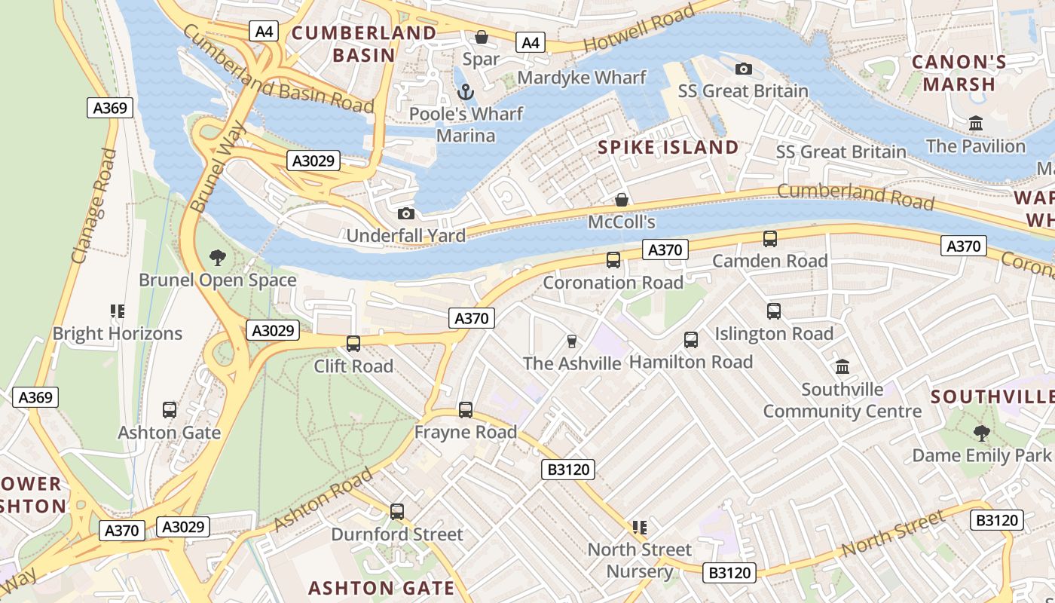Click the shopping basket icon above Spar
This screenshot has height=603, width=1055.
481,37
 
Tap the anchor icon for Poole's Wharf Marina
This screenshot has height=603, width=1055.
466,92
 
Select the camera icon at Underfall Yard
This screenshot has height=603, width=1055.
405,214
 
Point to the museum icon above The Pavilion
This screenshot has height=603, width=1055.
976,123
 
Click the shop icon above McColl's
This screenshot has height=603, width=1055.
622,200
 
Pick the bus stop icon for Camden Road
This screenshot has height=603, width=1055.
769,239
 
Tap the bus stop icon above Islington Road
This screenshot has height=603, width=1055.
773,311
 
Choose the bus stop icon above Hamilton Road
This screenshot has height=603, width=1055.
690,340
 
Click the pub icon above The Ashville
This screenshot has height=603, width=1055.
571,341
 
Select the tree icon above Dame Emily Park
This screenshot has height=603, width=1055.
980,433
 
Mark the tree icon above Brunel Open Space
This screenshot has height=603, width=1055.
217,258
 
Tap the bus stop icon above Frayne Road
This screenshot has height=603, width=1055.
466,410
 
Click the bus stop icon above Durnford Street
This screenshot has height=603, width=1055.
397,512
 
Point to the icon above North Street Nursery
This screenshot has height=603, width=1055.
640,528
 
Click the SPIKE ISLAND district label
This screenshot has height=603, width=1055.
668,147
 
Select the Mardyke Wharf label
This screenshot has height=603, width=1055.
581,78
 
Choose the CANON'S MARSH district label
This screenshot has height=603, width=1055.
959,73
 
